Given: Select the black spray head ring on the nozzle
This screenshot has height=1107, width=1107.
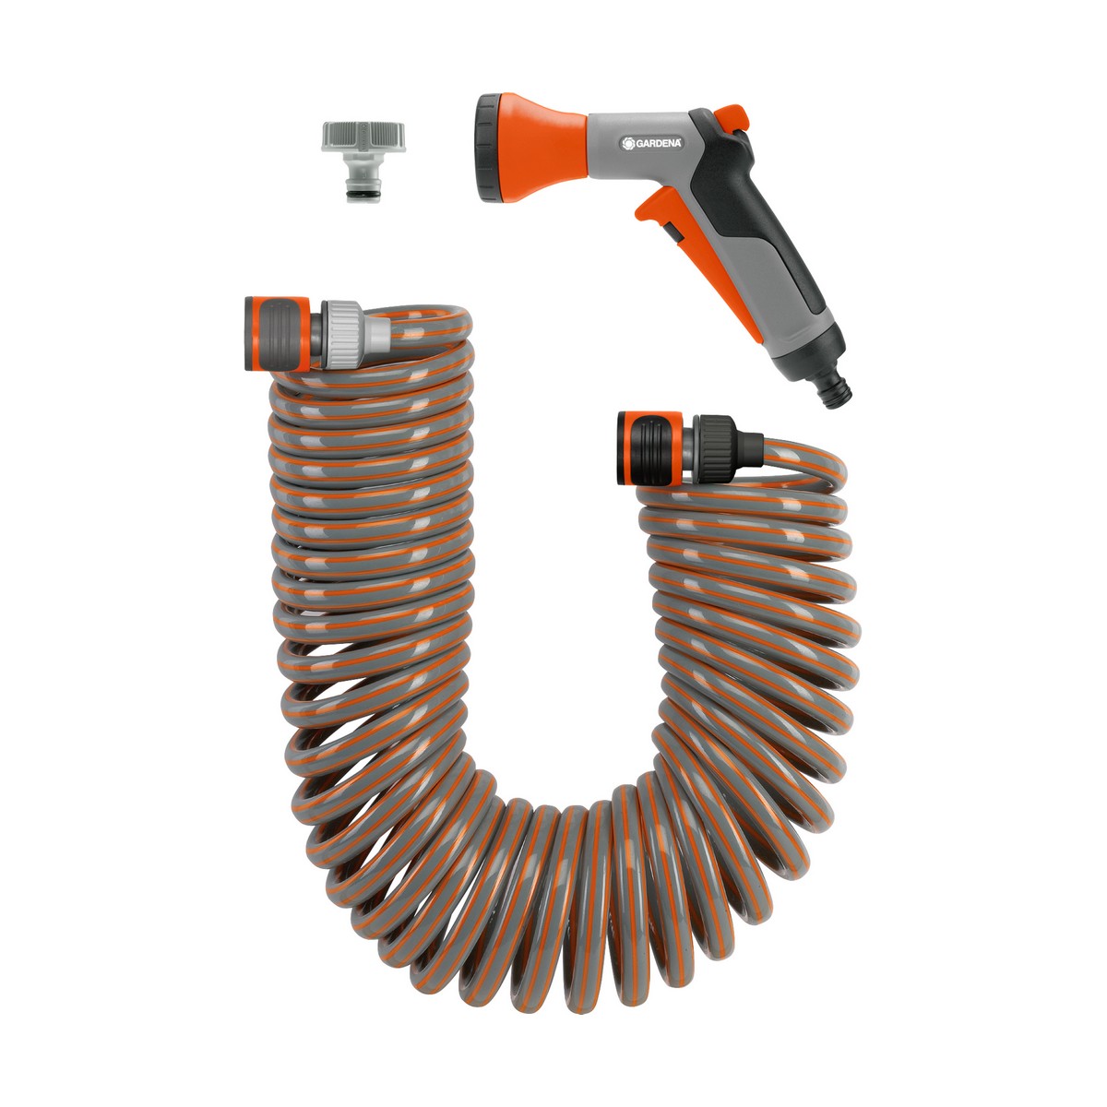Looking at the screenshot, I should pyautogui.click(x=486, y=139).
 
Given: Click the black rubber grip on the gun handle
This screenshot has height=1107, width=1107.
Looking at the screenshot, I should pyautogui.click(x=784, y=221).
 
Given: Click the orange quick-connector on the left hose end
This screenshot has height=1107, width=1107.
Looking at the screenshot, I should pyautogui.click(x=273, y=333).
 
